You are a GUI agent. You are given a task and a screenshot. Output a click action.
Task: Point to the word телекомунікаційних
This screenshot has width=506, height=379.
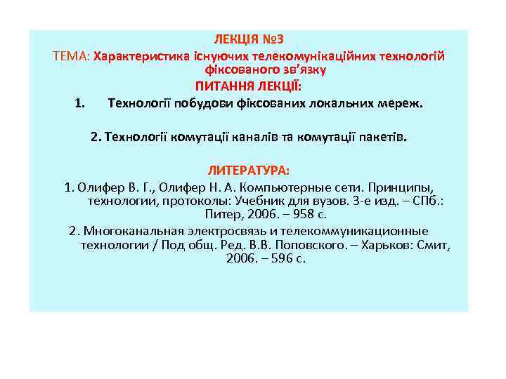(x=304, y=55)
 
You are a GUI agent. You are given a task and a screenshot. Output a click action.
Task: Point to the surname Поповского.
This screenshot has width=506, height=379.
(x=317, y=245)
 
